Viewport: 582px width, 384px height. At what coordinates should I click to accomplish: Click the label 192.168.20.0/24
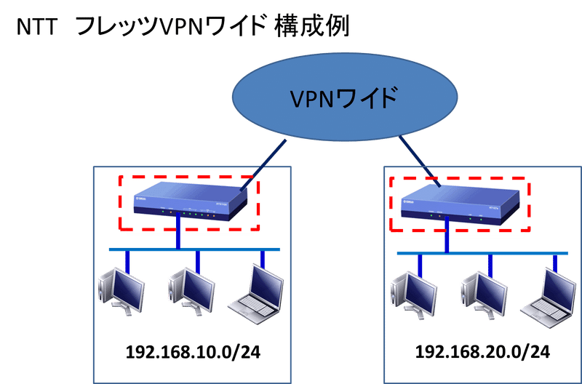click(481, 353)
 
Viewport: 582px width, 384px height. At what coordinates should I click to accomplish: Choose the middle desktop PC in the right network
click(481, 295)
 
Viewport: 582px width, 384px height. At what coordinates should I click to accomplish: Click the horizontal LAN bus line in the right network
click(480, 254)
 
